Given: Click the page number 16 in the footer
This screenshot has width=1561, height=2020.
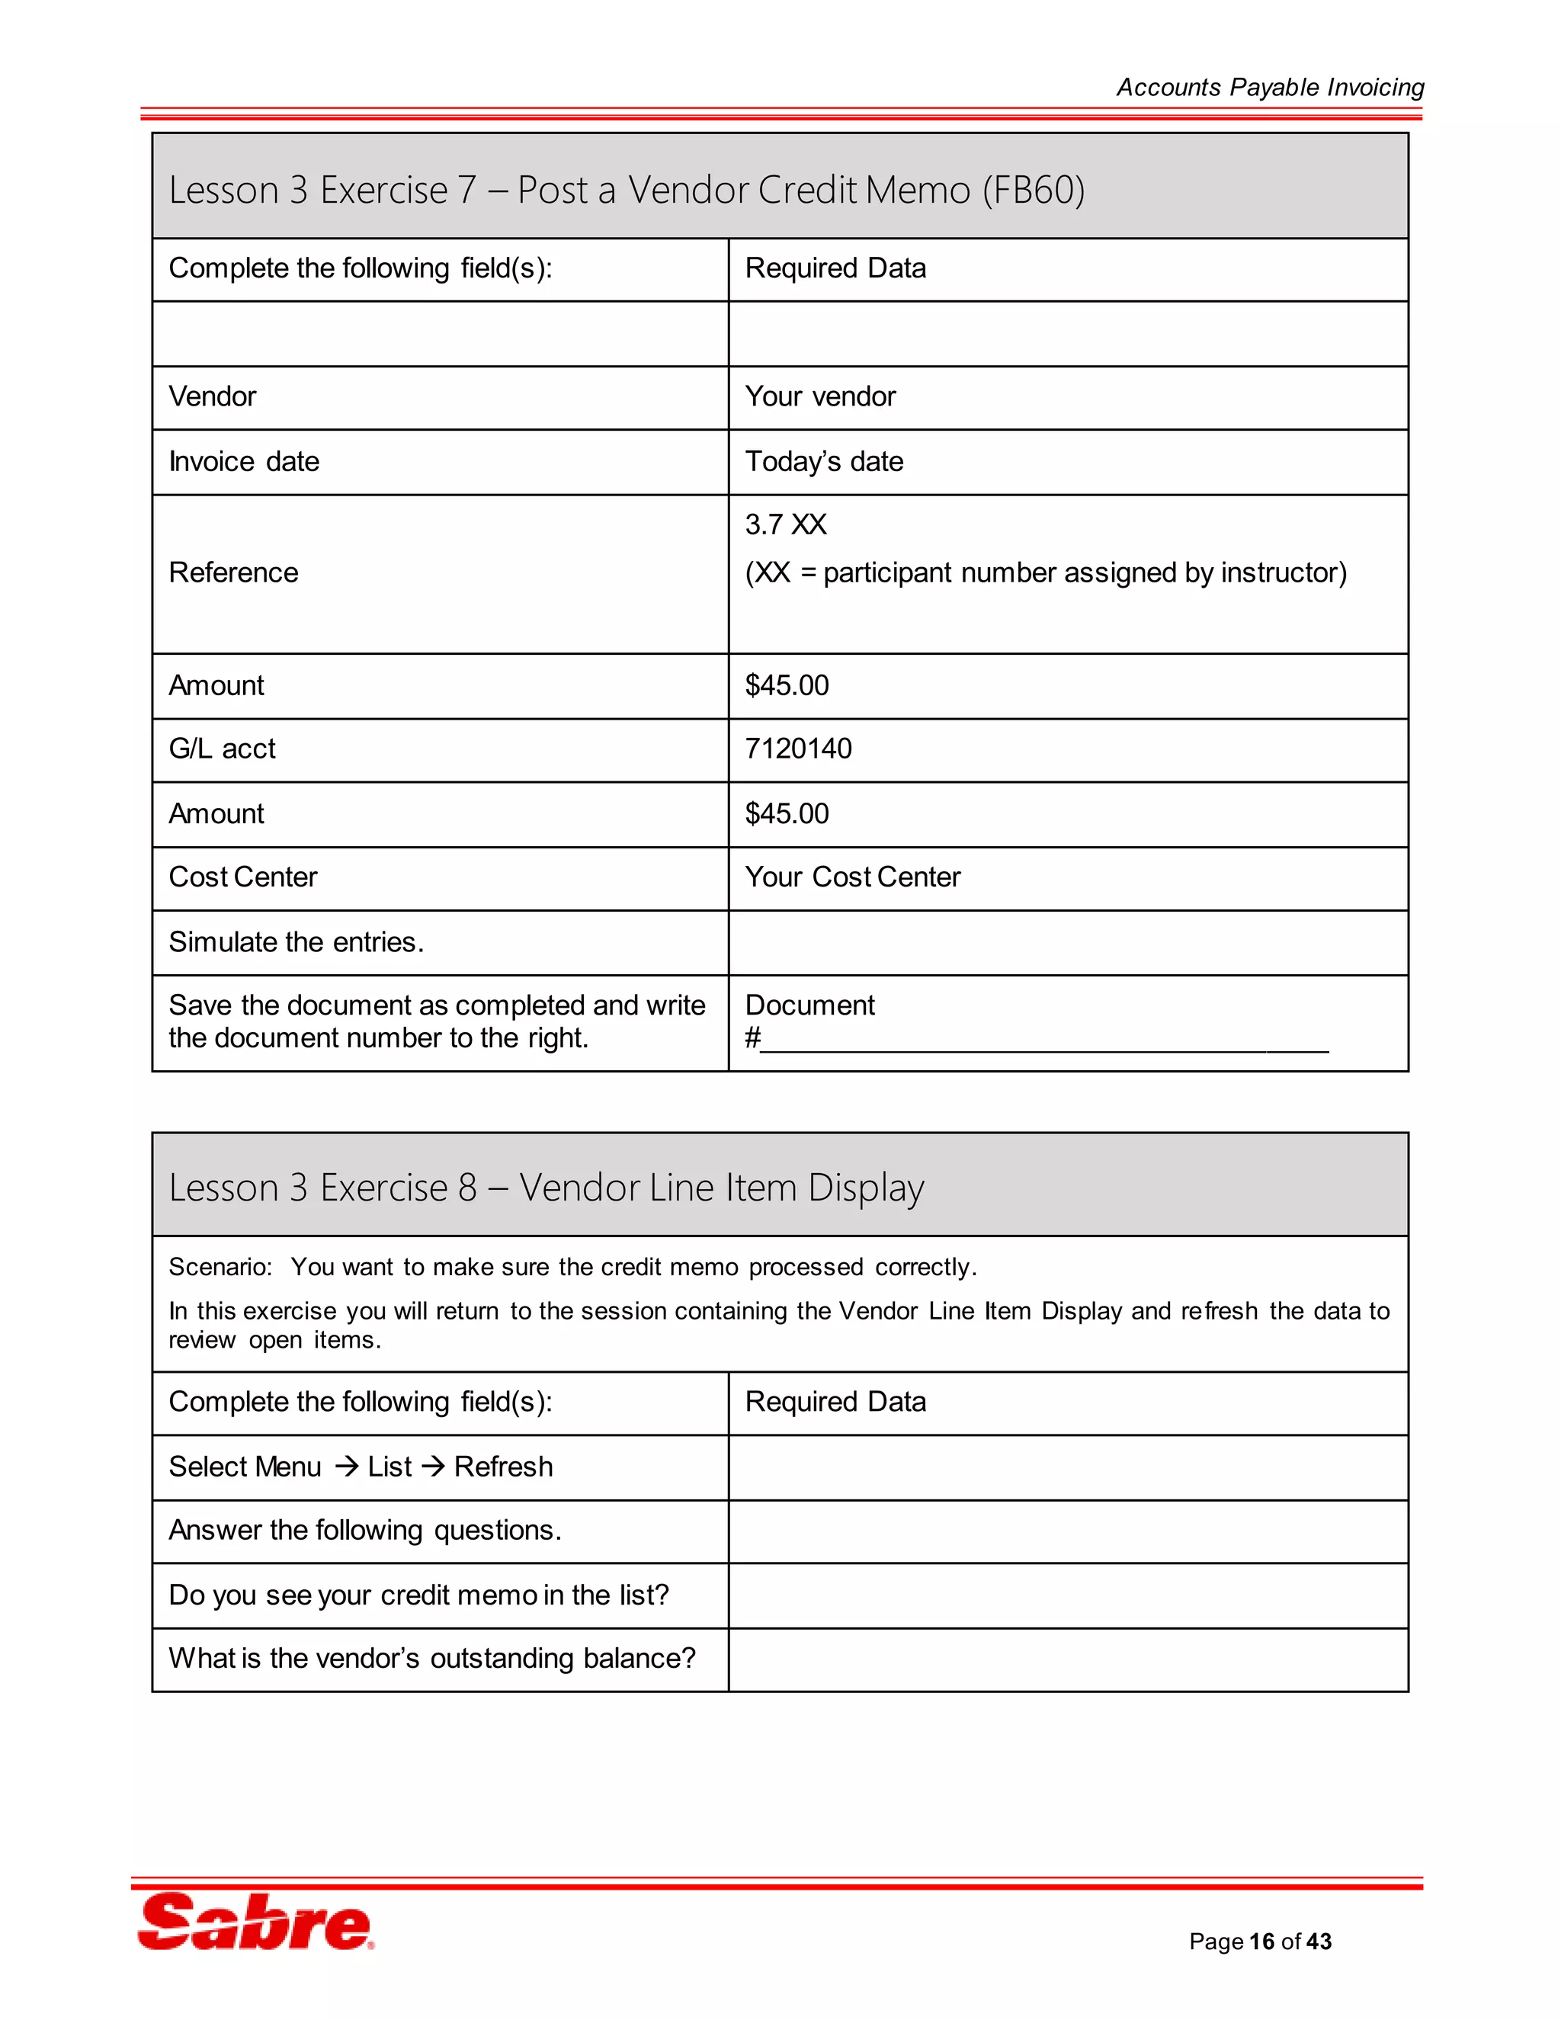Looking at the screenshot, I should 1261,1941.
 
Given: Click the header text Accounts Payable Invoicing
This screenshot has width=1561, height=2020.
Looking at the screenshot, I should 1270,88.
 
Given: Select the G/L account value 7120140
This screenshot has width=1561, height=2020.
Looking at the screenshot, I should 798,749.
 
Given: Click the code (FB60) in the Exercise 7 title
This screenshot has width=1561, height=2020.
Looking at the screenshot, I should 1033,191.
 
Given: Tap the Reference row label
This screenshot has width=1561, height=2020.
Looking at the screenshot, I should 233,572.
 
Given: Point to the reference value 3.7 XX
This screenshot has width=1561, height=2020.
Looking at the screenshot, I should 785,524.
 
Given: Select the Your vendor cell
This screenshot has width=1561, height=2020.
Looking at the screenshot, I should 820,397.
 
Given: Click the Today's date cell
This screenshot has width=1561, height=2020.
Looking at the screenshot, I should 824,461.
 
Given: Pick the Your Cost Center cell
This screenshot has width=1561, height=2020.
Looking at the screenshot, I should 853,877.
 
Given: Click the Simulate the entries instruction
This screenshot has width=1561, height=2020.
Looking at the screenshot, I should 296,941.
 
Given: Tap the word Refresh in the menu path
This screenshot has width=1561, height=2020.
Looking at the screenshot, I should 503,1467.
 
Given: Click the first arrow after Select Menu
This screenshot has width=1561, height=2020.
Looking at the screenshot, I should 346,1467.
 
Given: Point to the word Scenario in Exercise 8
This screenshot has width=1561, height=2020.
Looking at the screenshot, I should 220,1267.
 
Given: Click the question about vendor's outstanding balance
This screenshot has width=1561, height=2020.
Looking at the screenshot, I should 432,1659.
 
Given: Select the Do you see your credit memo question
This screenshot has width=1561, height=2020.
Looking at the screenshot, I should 418,1595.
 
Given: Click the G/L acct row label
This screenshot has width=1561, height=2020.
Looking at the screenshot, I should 222,749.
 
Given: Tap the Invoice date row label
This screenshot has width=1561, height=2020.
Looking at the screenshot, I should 244,461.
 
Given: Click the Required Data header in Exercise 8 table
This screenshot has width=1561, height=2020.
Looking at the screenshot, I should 835,1402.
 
